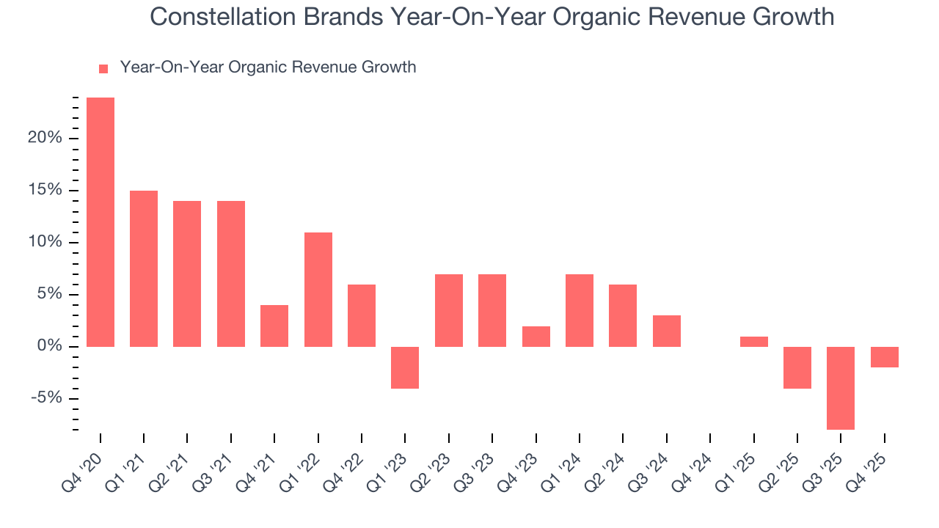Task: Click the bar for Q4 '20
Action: (101, 221)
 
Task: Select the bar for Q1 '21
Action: (144, 268)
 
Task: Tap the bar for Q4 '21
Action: (274, 326)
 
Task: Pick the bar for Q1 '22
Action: (318, 289)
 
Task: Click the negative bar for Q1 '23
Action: (405, 367)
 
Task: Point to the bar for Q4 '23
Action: (536, 337)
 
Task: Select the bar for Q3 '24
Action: (667, 331)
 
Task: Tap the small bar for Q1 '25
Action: (754, 342)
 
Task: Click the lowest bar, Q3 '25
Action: (841, 388)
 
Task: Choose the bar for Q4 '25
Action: (885, 357)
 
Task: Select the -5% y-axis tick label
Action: (45, 399)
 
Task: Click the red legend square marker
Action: (103, 68)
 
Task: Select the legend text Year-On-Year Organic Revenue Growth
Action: (268, 67)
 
